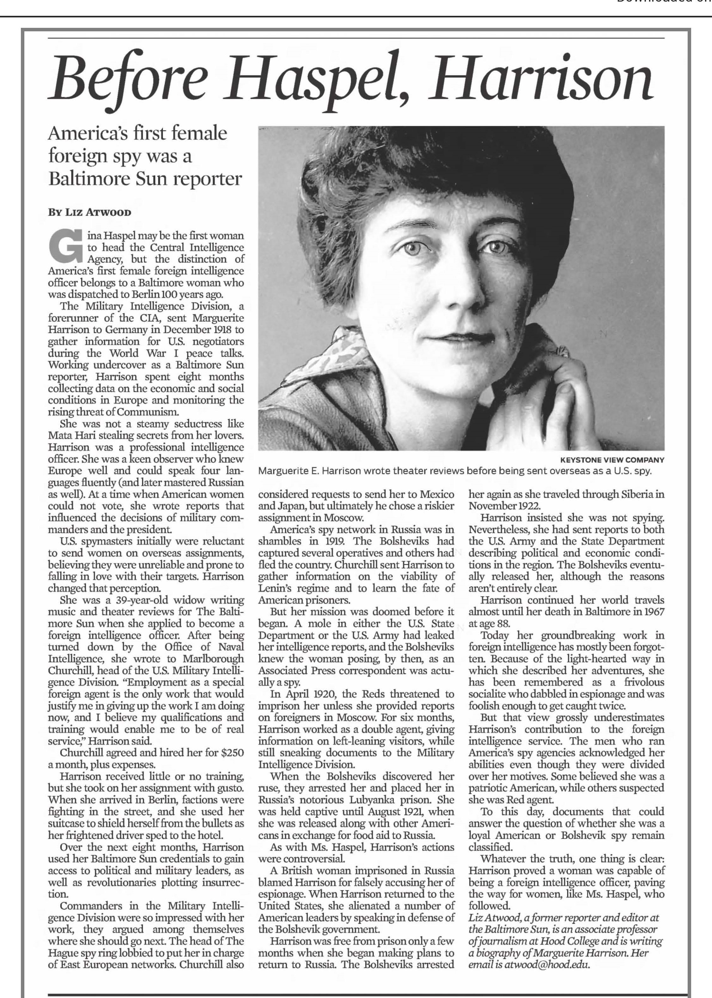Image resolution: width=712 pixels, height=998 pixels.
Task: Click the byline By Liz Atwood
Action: click(x=90, y=213)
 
